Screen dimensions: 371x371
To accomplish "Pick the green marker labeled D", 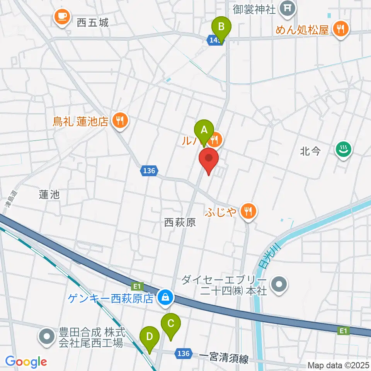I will tap(150, 337).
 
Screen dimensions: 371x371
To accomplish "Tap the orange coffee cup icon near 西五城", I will tap(62, 16).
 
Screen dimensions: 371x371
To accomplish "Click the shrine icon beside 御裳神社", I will tap(288, 7).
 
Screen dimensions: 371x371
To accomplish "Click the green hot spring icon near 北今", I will tap(342, 149).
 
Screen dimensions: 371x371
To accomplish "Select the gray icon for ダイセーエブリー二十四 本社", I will tap(279, 285).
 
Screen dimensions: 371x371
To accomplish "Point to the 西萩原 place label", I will tap(180, 222).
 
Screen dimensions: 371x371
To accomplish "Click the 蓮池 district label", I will tap(49, 195).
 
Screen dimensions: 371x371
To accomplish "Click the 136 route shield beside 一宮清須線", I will tap(184, 353).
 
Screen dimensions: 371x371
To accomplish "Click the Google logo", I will tap(26, 362).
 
